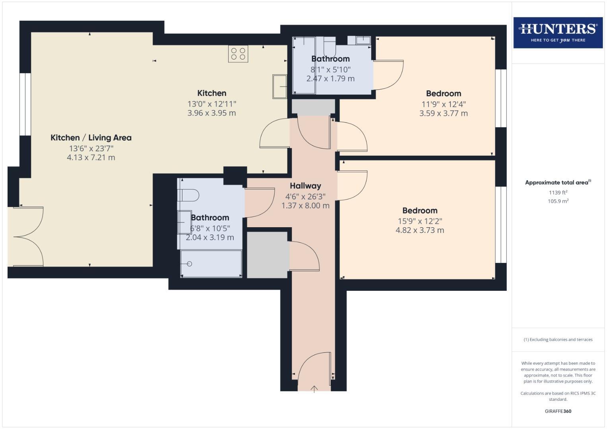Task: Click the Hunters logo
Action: [558, 33]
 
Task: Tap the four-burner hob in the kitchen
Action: [238, 54]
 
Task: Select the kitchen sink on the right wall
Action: [279, 86]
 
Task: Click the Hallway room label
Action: [305, 186]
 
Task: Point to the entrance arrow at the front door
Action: [314, 389]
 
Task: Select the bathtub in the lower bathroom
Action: [211, 263]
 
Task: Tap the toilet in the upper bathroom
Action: [330, 46]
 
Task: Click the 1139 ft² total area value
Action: [558, 193]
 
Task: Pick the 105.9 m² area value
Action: [558, 201]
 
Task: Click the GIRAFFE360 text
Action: [558, 411]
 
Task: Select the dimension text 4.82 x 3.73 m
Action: [420, 230]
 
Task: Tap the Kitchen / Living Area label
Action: [91, 138]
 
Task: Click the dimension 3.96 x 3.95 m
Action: [211, 113]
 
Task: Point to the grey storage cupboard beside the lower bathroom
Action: [267, 255]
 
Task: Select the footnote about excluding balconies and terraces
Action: [558, 340]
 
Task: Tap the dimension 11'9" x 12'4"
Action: [444, 104]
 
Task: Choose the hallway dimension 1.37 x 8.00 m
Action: [305, 206]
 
